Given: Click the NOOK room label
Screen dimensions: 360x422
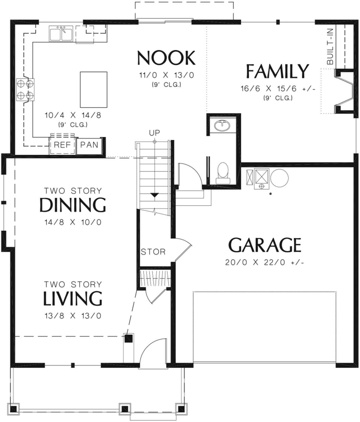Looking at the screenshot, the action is (x=166, y=58).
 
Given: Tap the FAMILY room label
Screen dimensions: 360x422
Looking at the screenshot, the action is (x=277, y=71).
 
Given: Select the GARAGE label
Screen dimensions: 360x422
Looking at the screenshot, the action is (x=265, y=245).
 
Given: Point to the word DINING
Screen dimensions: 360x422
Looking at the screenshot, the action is (x=73, y=205).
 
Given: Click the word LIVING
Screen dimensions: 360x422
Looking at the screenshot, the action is (x=73, y=298).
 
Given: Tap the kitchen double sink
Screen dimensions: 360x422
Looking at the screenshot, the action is (x=61, y=34).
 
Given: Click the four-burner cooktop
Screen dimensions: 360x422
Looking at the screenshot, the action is (x=25, y=89).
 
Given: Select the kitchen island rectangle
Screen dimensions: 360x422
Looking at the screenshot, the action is (x=94, y=89).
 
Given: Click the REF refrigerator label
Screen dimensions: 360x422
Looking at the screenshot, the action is (x=62, y=145).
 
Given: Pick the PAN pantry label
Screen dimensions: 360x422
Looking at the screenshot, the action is (x=89, y=145).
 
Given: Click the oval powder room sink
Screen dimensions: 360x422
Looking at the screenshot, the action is (x=222, y=125).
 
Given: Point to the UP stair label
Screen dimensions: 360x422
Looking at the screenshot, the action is (x=154, y=133).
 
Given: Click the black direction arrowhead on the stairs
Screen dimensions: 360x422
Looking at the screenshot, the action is (x=154, y=195).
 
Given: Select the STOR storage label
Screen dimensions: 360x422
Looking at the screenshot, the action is (x=153, y=252).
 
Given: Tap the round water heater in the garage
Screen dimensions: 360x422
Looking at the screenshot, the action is (x=279, y=178).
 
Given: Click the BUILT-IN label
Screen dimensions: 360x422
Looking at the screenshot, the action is (x=330, y=46).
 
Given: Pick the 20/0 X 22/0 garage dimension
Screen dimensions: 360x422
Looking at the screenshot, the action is (x=265, y=262).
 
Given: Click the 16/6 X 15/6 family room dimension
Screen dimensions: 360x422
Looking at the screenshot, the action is (x=278, y=89).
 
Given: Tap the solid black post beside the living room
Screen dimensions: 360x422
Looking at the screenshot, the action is (x=129, y=339).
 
